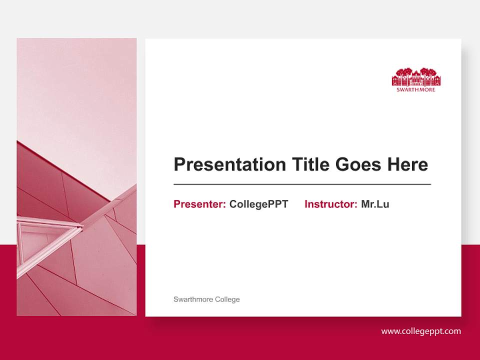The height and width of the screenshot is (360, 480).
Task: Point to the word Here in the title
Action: pos(408,164)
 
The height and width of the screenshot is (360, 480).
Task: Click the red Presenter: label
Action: pos(199,204)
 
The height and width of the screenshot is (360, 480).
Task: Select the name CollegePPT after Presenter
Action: pos(258,204)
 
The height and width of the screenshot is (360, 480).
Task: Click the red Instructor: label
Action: pos(330,204)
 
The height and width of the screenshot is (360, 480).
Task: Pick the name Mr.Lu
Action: pos(375,204)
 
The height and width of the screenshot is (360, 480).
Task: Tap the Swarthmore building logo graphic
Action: pos(416,77)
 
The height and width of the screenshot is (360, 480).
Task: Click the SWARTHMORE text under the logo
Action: pos(416,90)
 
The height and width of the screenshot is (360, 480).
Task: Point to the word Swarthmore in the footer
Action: pos(193,299)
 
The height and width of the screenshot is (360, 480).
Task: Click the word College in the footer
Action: pos(227,299)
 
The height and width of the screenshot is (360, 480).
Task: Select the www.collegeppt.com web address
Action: pos(421,331)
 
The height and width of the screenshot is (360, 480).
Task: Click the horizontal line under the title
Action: pos(302,184)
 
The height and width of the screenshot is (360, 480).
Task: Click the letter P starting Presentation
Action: pos(179,164)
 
